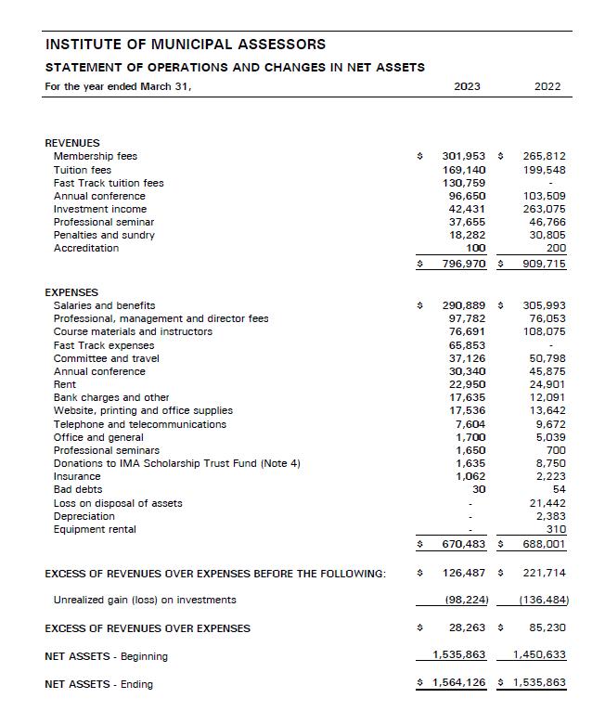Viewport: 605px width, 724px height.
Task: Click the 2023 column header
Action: tap(467, 87)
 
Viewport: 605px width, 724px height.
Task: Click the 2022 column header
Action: tap(547, 87)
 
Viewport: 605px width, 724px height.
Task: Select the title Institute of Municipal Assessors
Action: tap(186, 45)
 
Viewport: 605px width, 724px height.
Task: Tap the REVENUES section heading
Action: tap(72, 143)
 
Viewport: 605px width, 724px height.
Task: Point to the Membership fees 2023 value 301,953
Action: tap(464, 157)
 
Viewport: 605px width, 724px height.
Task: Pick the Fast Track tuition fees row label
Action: tap(109, 183)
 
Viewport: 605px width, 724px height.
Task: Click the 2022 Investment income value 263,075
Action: tap(545, 209)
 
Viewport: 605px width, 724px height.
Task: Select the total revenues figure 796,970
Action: tap(464, 265)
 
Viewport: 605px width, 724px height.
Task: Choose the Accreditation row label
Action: tap(86, 248)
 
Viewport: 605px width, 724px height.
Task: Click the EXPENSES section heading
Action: tap(71, 292)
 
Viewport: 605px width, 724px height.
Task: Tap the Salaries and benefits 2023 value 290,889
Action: tap(464, 305)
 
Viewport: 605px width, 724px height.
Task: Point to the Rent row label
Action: tap(65, 384)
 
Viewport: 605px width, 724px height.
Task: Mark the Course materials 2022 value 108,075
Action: tap(545, 331)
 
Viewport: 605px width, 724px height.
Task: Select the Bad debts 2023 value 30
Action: tap(479, 489)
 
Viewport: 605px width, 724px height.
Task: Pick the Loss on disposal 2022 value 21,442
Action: tap(547, 503)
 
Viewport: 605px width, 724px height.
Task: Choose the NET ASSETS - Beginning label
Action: tap(106, 656)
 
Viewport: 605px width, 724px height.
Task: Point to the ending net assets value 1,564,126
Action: tap(459, 684)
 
